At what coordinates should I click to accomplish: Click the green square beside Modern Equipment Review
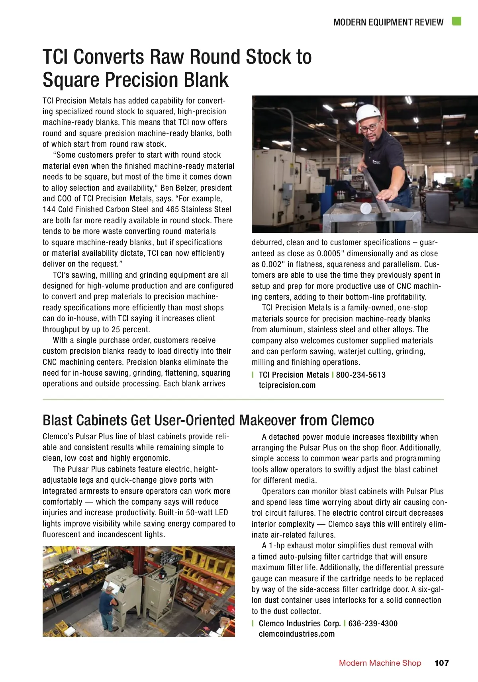456,21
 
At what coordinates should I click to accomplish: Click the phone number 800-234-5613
360,375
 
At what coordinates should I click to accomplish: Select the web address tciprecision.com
287,385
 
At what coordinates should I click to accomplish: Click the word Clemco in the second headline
353,420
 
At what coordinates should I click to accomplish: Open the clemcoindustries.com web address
296,634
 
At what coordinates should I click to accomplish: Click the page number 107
441,663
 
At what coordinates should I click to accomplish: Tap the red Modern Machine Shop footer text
380,663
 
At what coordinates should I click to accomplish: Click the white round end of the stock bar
366,208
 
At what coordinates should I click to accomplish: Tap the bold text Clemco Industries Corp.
300,624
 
